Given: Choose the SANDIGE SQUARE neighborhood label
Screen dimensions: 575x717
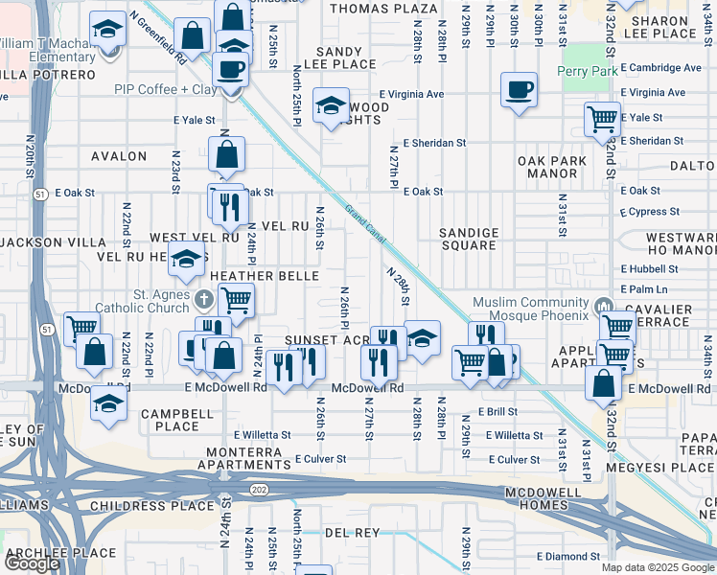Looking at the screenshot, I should (469, 239).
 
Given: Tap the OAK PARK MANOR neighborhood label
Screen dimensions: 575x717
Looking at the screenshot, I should (547, 167).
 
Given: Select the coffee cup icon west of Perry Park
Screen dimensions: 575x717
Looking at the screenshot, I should (519, 91).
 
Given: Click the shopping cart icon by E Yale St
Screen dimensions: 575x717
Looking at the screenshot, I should (602, 120).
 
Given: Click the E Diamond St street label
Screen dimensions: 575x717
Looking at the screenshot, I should (568, 556).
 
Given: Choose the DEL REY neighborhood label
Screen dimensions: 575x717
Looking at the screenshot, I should (352, 532).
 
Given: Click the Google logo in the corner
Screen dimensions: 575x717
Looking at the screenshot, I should (33, 563).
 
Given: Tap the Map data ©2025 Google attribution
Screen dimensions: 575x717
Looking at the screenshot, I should (657, 567).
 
